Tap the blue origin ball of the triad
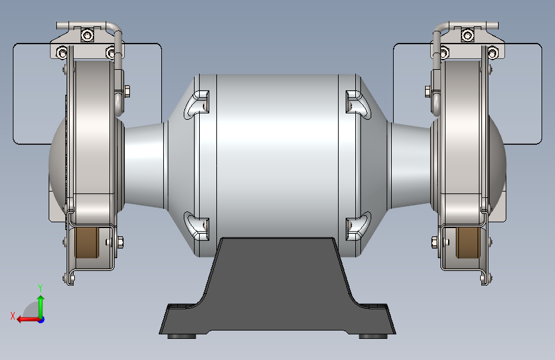[x=40, y=319]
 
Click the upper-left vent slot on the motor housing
[x=198, y=104]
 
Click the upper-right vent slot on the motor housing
[x=357, y=104]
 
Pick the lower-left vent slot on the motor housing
[x=198, y=225]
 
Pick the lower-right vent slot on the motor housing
[x=357, y=225]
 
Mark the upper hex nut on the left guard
[x=125, y=90]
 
